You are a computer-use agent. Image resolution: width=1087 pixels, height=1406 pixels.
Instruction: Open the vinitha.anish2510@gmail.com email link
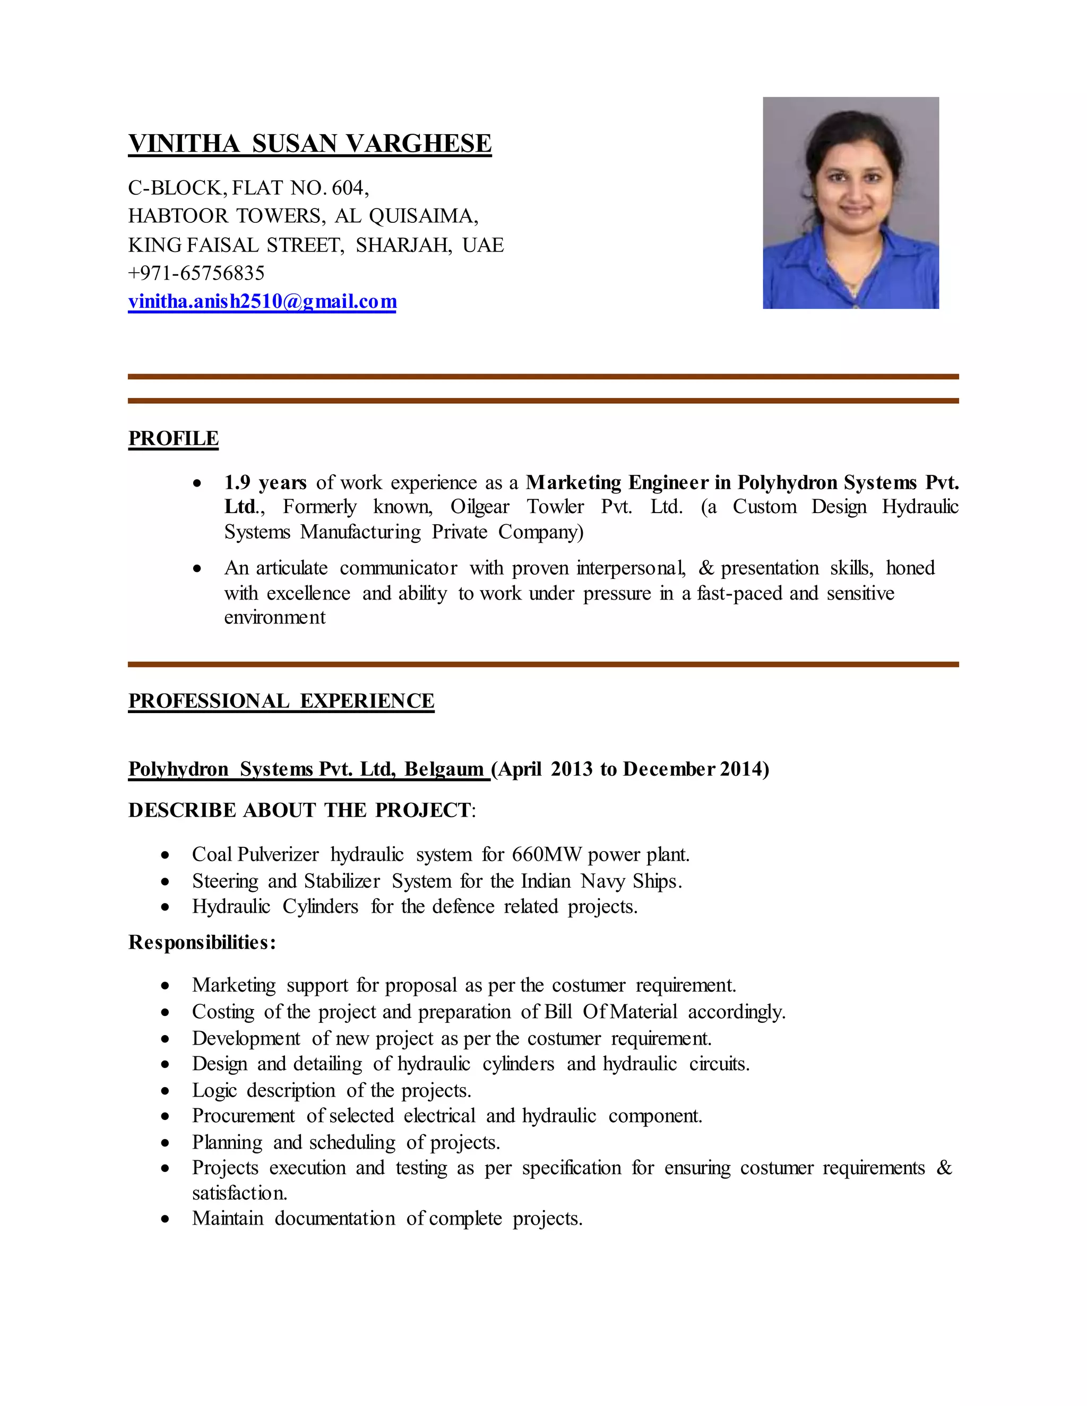pos(262,301)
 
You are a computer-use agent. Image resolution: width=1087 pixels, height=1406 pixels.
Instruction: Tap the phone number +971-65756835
pos(196,273)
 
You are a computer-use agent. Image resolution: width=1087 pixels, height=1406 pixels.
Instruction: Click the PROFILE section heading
pos(173,438)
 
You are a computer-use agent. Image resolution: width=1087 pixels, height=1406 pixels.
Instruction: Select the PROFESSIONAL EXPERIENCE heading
pos(281,701)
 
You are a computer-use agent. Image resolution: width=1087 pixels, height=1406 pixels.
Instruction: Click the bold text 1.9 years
pos(265,482)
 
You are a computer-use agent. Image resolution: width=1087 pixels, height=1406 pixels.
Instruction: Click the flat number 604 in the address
pos(348,187)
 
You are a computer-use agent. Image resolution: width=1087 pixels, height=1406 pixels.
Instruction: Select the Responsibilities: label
pos(202,942)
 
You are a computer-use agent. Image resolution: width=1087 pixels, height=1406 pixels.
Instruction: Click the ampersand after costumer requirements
pos(943,1168)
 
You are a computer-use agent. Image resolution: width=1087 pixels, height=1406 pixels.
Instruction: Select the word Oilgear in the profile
pos(479,507)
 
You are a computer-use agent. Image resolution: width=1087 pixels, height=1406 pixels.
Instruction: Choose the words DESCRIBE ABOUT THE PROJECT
pos(299,810)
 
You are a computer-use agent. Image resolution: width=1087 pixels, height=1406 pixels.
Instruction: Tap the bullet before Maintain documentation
pos(166,1219)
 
